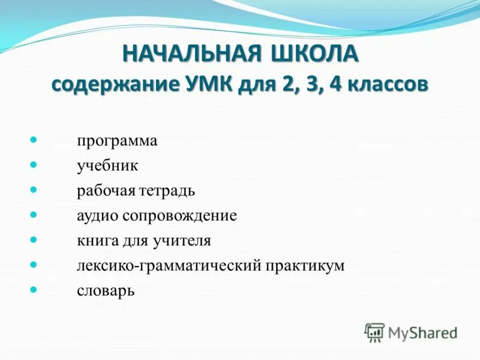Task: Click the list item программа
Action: coord(117,141)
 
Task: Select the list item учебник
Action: coord(107,166)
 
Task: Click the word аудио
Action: coord(98,216)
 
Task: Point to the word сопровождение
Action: coord(180,216)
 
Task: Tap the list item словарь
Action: coord(106,291)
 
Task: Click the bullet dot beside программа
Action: coord(34,139)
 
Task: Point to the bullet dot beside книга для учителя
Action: coord(34,239)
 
